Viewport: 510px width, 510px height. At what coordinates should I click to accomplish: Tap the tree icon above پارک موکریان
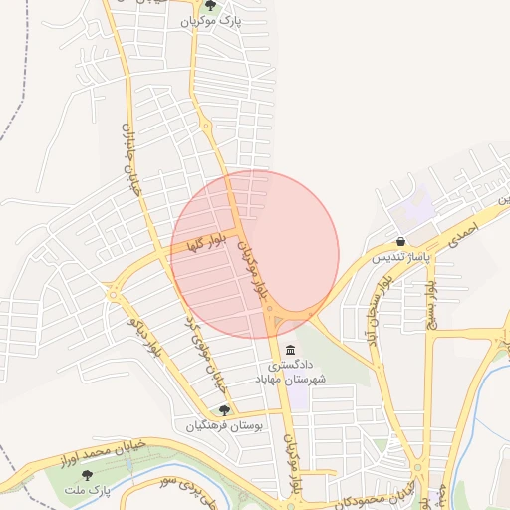tap(209, 5)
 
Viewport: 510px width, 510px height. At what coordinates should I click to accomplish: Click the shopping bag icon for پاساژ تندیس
tap(400, 241)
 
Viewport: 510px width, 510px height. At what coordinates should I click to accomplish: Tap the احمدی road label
tap(464, 233)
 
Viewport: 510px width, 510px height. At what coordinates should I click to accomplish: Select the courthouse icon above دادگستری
tap(290, 350)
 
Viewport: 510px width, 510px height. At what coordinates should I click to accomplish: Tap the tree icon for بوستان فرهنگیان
tap(224, 409)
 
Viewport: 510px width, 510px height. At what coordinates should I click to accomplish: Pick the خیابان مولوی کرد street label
tap(206, 353)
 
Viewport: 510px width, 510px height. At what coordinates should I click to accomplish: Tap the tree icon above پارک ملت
tap(87, 475)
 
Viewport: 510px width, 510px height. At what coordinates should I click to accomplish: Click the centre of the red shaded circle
tap(255, 255)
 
